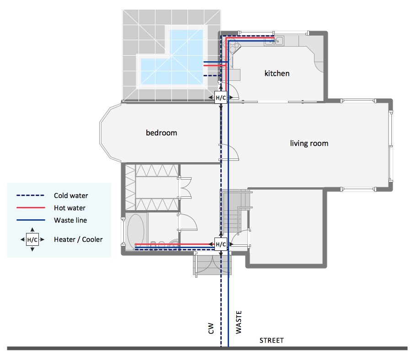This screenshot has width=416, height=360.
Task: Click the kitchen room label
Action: [277, 74]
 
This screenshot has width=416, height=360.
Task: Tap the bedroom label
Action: [161, 132]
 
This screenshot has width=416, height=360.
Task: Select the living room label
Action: [309, 143]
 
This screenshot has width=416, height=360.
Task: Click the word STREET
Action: [272, 340]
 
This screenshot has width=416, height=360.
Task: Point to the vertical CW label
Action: [211, 328]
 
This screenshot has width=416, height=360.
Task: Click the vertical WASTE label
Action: [239, 322]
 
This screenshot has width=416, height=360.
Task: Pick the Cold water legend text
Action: [71, 196]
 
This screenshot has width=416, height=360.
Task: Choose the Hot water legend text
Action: [69, 208]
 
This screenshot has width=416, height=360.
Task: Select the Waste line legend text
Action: [70, 220]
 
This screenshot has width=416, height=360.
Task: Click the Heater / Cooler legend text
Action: [78, 239]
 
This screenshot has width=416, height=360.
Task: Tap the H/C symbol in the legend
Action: [32, 239]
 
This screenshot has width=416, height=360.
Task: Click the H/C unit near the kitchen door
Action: [221, 98]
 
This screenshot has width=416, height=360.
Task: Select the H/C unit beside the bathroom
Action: [221, 244]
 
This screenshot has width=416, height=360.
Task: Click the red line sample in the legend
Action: [31, 208]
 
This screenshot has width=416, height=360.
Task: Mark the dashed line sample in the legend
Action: [30, 196]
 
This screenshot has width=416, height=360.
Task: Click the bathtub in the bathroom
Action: [136, 231]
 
